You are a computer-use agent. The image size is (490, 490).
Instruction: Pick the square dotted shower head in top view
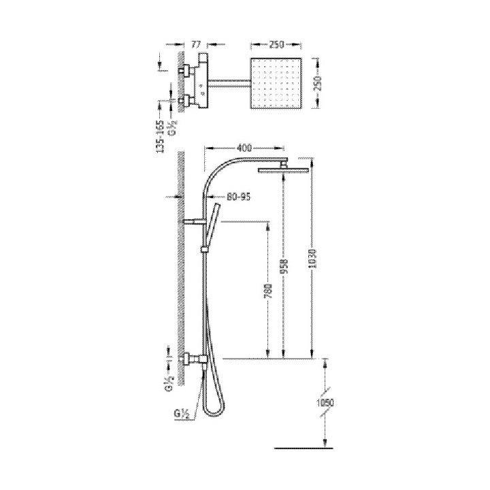[276, 83]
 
